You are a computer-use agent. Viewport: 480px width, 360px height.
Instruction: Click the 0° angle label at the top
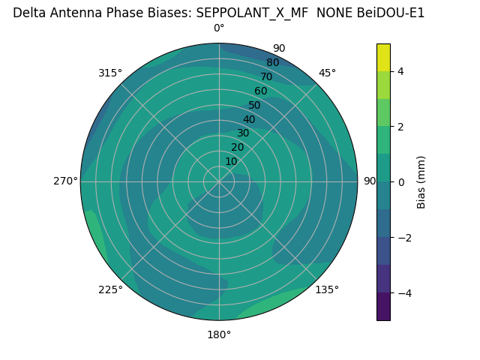point(219,28)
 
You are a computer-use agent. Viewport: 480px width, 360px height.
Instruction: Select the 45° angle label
point(327,73)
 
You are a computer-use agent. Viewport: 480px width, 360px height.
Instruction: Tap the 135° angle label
point(327,289)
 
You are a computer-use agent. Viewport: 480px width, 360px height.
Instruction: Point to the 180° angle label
point(219,334)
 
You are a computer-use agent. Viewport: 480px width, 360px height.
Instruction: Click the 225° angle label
point(110,289)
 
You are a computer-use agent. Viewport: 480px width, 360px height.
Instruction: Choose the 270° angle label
point(65,181)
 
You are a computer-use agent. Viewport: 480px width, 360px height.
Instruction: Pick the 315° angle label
point(110,73)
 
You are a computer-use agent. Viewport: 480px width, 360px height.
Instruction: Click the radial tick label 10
point(231,161)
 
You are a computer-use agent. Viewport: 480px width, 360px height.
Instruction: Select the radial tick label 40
point(249,119)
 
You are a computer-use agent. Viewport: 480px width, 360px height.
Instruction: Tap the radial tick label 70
point(266,76)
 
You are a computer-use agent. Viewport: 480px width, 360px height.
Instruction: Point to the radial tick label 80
point(272,62)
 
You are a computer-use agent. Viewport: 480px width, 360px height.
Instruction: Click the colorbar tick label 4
point(400,71)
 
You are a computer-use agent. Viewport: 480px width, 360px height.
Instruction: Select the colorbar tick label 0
point(400,181)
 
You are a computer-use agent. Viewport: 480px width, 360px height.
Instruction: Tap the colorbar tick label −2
point(403,237)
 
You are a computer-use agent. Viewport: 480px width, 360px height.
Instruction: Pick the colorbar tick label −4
point(403,292)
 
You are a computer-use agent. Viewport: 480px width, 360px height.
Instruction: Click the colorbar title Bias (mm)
point(421,181)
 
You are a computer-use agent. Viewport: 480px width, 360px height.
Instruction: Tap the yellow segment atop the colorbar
point(383,57)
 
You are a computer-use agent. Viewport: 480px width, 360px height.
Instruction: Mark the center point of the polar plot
point(219,181)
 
